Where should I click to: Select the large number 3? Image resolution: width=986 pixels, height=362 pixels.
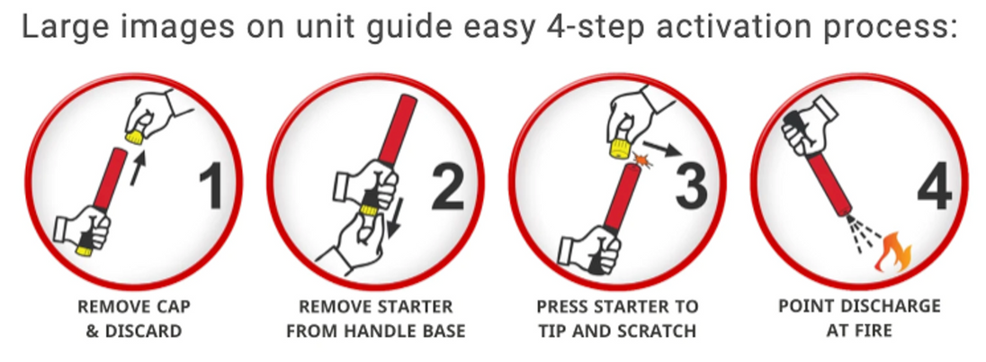(x=692, y=186)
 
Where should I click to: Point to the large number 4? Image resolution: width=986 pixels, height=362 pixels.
(x=935, y=187)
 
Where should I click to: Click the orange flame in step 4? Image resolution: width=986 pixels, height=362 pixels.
(x=893, y=252)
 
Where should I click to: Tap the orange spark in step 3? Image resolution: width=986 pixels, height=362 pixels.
(x=642, y=161)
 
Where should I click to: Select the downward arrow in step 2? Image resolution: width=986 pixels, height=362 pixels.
(x=394, y=216)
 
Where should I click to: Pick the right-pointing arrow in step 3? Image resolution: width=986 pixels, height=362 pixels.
(x=661, y=148)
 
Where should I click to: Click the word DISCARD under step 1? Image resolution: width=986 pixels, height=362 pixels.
(x=143, y=330)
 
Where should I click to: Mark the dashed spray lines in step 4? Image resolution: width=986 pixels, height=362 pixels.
(x=864, y=234)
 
